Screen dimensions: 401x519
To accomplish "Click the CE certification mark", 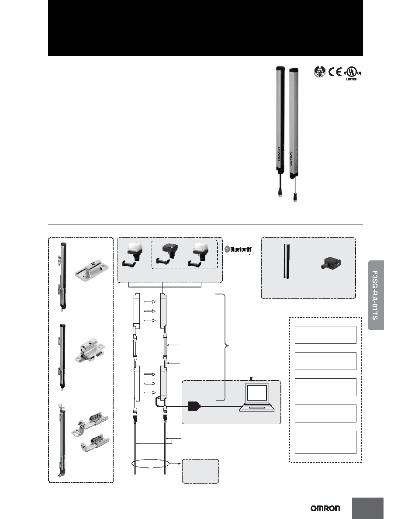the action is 335,72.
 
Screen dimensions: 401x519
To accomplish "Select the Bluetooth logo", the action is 238,249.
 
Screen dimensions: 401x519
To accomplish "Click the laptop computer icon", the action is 257,397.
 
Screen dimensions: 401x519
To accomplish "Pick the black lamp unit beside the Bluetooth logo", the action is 168,255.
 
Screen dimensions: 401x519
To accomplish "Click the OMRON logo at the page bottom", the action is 325,508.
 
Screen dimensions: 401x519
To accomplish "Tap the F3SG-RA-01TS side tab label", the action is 376,295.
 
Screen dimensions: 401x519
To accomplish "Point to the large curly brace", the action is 226,347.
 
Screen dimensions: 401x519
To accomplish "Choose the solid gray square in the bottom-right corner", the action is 368,508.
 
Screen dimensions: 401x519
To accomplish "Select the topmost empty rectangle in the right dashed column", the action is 325,335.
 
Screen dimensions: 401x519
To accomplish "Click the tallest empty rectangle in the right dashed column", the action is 325,442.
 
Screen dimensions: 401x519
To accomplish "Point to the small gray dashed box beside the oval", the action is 200,471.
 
